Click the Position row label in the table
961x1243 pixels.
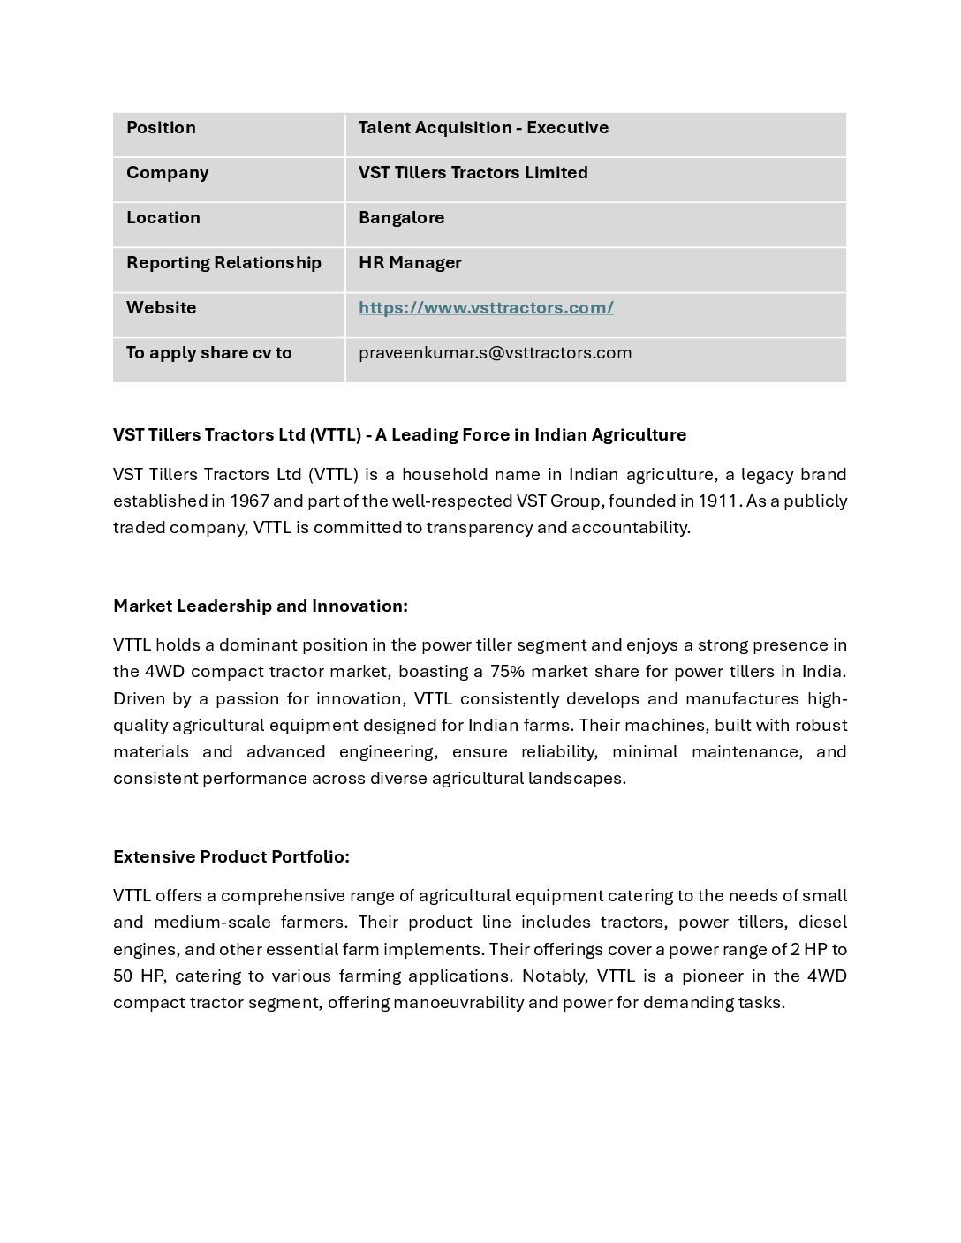click(161, 128)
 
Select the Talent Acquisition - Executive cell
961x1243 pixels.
click(483, 128)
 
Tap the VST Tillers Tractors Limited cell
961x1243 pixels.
click(473, 173)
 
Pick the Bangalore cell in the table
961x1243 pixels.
click(401, 218)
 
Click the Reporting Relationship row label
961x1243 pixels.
click(223, 263)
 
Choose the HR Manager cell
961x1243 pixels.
click(410, 263)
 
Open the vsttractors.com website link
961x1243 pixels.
click(486, 308)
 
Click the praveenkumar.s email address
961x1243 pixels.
click(495, 353)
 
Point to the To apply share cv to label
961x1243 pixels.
click(208, 353)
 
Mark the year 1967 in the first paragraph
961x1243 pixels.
click(249, 501)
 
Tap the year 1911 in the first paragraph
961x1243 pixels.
click(718, 501)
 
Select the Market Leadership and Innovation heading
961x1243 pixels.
click(261, 606)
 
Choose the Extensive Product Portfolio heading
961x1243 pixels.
click(231, 856)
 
